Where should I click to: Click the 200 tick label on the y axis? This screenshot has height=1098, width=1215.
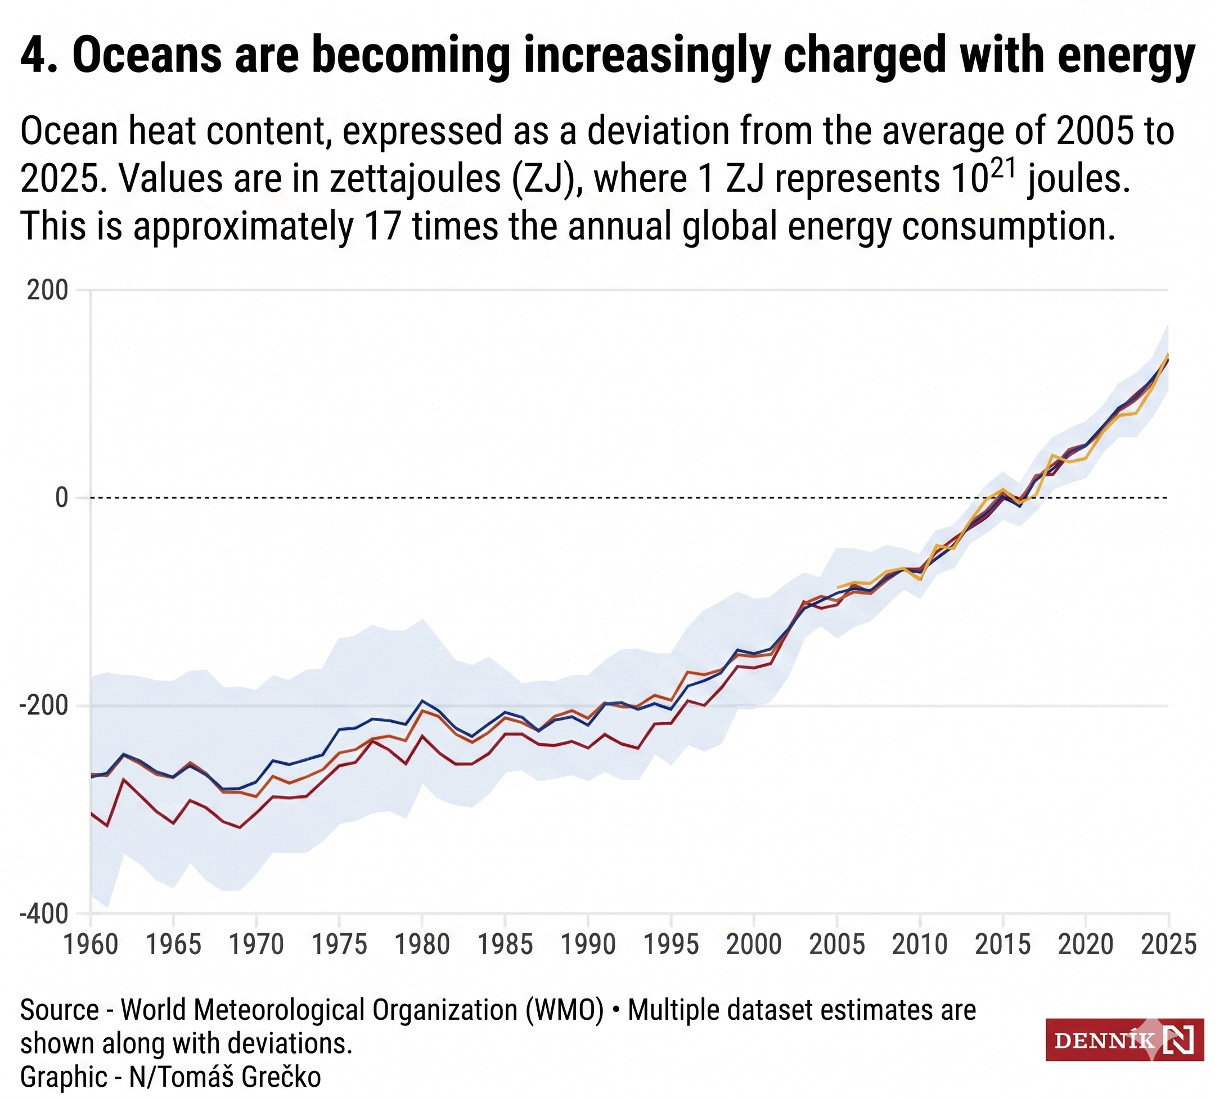[47, 290]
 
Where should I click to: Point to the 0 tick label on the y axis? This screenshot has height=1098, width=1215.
[61, 498]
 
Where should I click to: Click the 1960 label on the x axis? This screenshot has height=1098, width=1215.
[91, 944]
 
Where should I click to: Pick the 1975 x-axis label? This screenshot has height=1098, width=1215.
[339, 944]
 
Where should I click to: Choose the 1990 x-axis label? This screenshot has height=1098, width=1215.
[588, 944]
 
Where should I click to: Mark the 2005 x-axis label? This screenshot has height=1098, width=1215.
[836, 944]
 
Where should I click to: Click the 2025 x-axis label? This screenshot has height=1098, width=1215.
[1168, 944]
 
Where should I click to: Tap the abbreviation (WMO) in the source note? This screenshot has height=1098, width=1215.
[564, 1010]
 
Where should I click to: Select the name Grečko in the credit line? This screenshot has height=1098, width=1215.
[281, 1076]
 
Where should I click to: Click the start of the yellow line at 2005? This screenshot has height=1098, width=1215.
[838, 588]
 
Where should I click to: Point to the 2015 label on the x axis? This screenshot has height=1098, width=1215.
[1002, 944]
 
